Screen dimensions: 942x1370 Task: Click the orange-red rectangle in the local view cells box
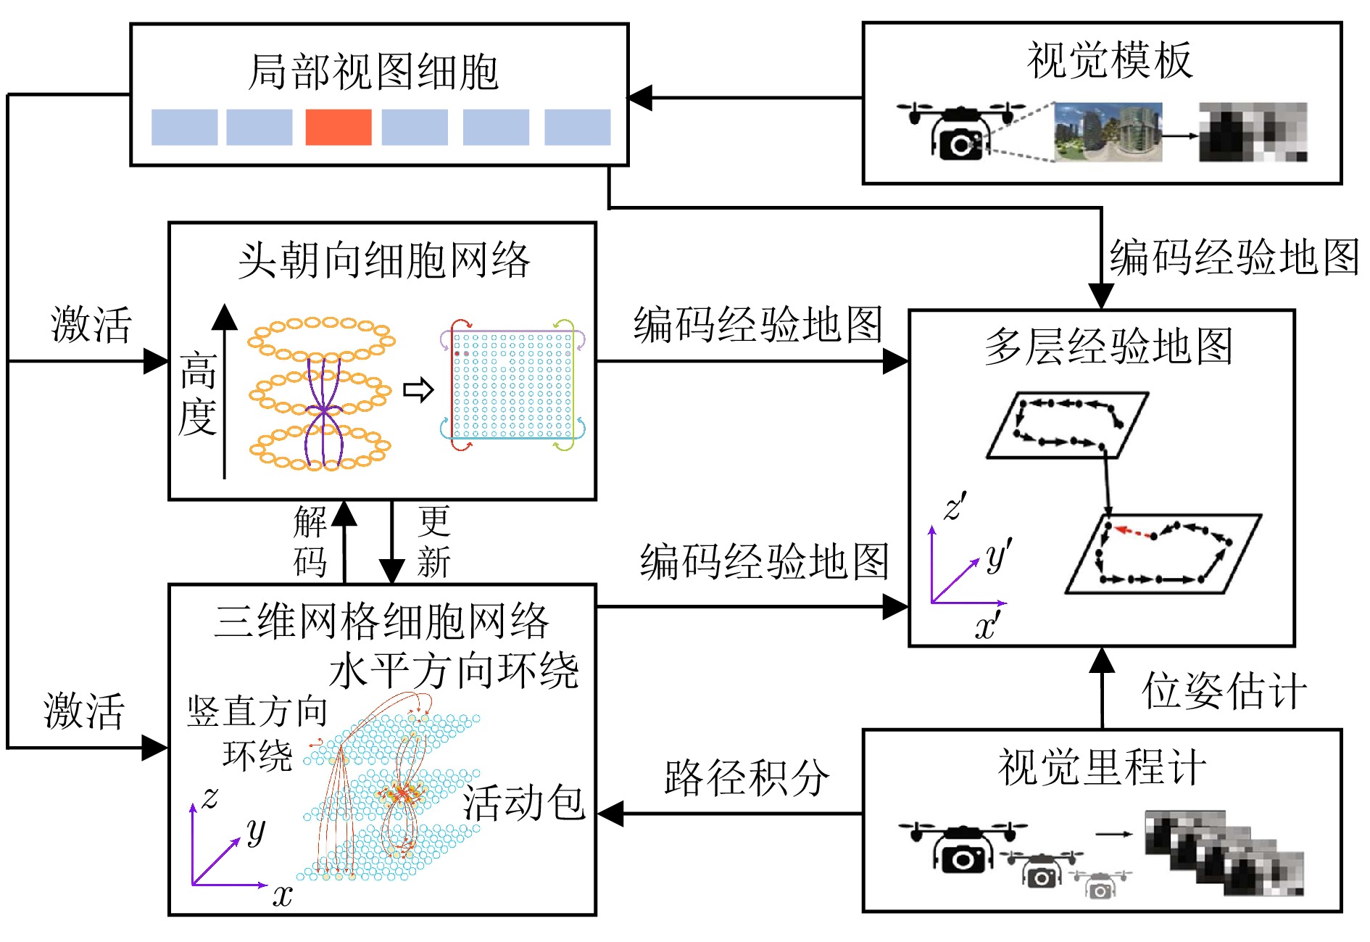pyautogui.click(x=339, y=128)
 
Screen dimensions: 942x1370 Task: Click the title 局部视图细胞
pyautogui.click(x=373, y=73)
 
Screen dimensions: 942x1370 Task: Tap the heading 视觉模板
pyautogui.click(x=1109, y=60)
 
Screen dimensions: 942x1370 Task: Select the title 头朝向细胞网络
pyautogui.click(x=383, y=260)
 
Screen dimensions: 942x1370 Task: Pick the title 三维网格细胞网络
pyautogui.click(x=381, y=621)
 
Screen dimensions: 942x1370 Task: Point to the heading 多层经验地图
pyautogui.click(x=1108, y=347)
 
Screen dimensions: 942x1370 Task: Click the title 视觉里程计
pyautogui.click(x=1102, y=767)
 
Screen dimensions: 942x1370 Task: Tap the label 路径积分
pyautogui.click(x=747, y=778)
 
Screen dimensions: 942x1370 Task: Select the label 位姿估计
pyautogui.click(x=1224, y=690)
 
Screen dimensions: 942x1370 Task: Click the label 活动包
pyautogui.click(x=524, y=803)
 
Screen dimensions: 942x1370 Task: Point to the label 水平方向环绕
pyautogui.click(x=454, y=671)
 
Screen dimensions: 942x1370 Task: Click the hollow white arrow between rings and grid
pyautogui.click(x=418, y=390)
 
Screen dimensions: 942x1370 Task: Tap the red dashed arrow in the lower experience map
pyautogui.click(x=1134, y=533)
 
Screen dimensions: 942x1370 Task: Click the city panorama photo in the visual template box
pyautogui.click(x=1108, y=132)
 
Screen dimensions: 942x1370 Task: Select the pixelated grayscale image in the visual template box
pyautogui.click(x=1253, y=132)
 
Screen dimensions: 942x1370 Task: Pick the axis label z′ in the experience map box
pyautogui.click(x=955, y=506)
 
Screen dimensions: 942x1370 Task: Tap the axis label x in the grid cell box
pyautogui.click(x=282, y=896)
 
